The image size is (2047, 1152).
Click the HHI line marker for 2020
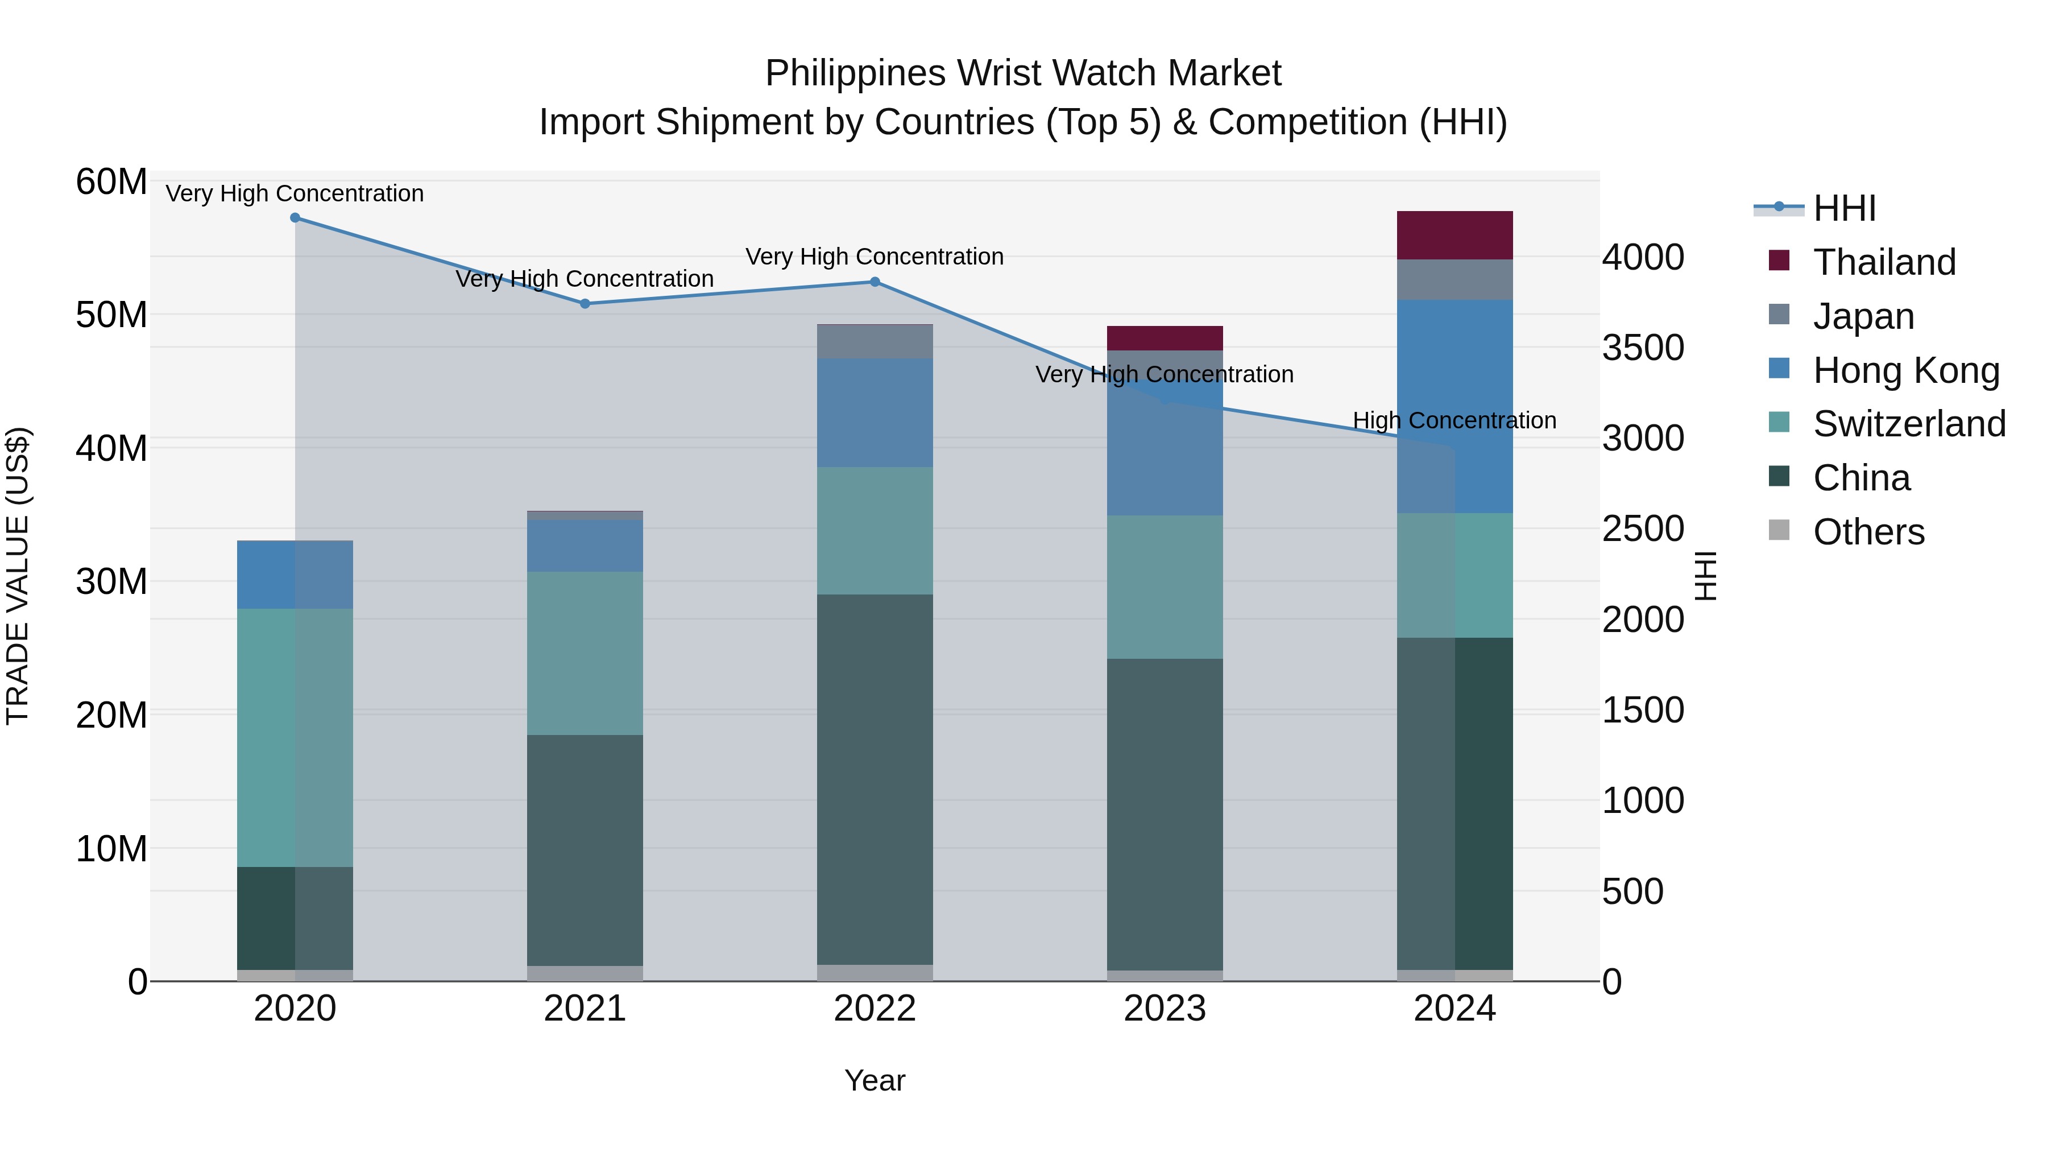pyautogui.click(x=295, y=218)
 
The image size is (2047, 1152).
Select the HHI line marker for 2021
pyautogui.click(x=585, y=304)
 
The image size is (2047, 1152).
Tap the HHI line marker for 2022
pyautogui.click(x=875, y=282)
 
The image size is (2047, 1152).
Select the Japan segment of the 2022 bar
pyautogui.click(x=875, y=342)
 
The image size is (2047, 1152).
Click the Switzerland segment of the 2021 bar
pyautogui.click(x=585, y=653)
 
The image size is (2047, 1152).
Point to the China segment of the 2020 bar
pyautogui.click(x=295, y=918)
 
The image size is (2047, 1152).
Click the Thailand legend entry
pyautogui.click(x=1883, y=262)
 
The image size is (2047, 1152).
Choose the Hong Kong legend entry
pyautogui.click(x=1905, y=370)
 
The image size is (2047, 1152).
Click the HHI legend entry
pyautogui.click(x=1843, y=208)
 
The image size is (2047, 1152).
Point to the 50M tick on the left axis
pyautogui.click(x=111, y=315)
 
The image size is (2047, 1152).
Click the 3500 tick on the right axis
pyautogui.click(x=1643, y=348)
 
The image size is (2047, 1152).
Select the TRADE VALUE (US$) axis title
pyautogui.click(x=18, y=576)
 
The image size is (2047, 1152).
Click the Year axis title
pyautogui.click(x=875, y=1080)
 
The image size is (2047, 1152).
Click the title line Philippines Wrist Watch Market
pyautogui.click(x=1023, y=73)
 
